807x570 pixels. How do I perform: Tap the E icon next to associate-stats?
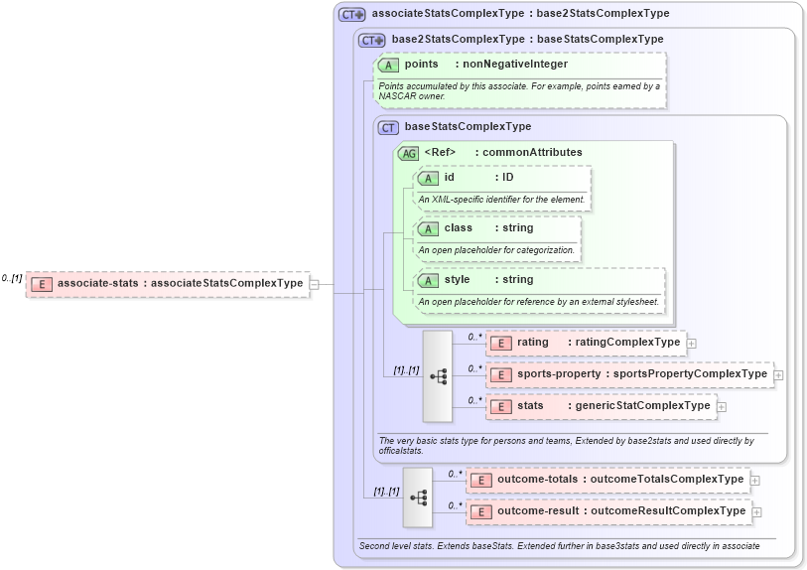point(42,284)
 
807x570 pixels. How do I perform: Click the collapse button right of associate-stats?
point(314,284)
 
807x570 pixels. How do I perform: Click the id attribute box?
point(502,178)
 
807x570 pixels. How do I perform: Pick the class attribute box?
point(496,228)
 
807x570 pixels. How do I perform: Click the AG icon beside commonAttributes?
point(408,153)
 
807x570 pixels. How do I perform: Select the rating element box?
point(585,343)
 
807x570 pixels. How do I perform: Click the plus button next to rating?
point(692,344)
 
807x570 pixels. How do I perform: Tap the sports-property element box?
point(629,374)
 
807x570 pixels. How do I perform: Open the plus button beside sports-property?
point(779,375)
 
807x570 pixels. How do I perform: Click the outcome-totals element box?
point(606,480)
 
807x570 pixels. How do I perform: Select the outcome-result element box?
point(607,511)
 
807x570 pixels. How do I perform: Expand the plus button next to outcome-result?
point(757,512)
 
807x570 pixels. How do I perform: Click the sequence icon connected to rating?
point(438,376)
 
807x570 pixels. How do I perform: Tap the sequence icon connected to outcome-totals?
point(418,497)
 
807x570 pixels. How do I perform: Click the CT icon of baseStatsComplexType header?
point(388,127)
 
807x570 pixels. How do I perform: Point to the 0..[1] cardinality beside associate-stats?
point(12,279)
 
